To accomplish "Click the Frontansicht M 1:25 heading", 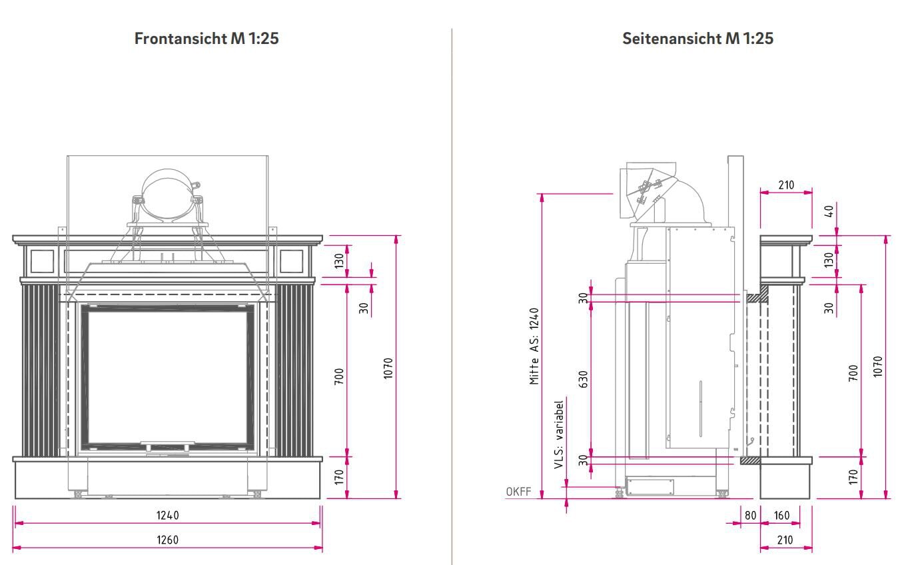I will click(207, 39).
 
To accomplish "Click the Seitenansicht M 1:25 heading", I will click(697, 39).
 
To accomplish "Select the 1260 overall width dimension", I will click(167, 540).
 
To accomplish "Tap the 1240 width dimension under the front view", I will click(167, 515).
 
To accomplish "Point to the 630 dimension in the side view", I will click(583, 379).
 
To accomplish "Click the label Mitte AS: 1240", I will click(534, 346).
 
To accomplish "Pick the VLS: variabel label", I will click(559, 434).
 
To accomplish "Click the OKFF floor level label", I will click(518, 492).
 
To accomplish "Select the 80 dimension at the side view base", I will click(750, 515).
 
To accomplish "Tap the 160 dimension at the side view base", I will click(781, 515).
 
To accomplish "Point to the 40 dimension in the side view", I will click(829, 211).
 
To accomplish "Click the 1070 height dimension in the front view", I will click(388, 368).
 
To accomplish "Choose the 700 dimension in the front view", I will click(339, 377).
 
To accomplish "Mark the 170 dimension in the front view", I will click(339, 477).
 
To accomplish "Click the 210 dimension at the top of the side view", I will click(786, 185).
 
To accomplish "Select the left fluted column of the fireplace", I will click(40, 370).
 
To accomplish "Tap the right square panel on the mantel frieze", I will click(291, 261).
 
